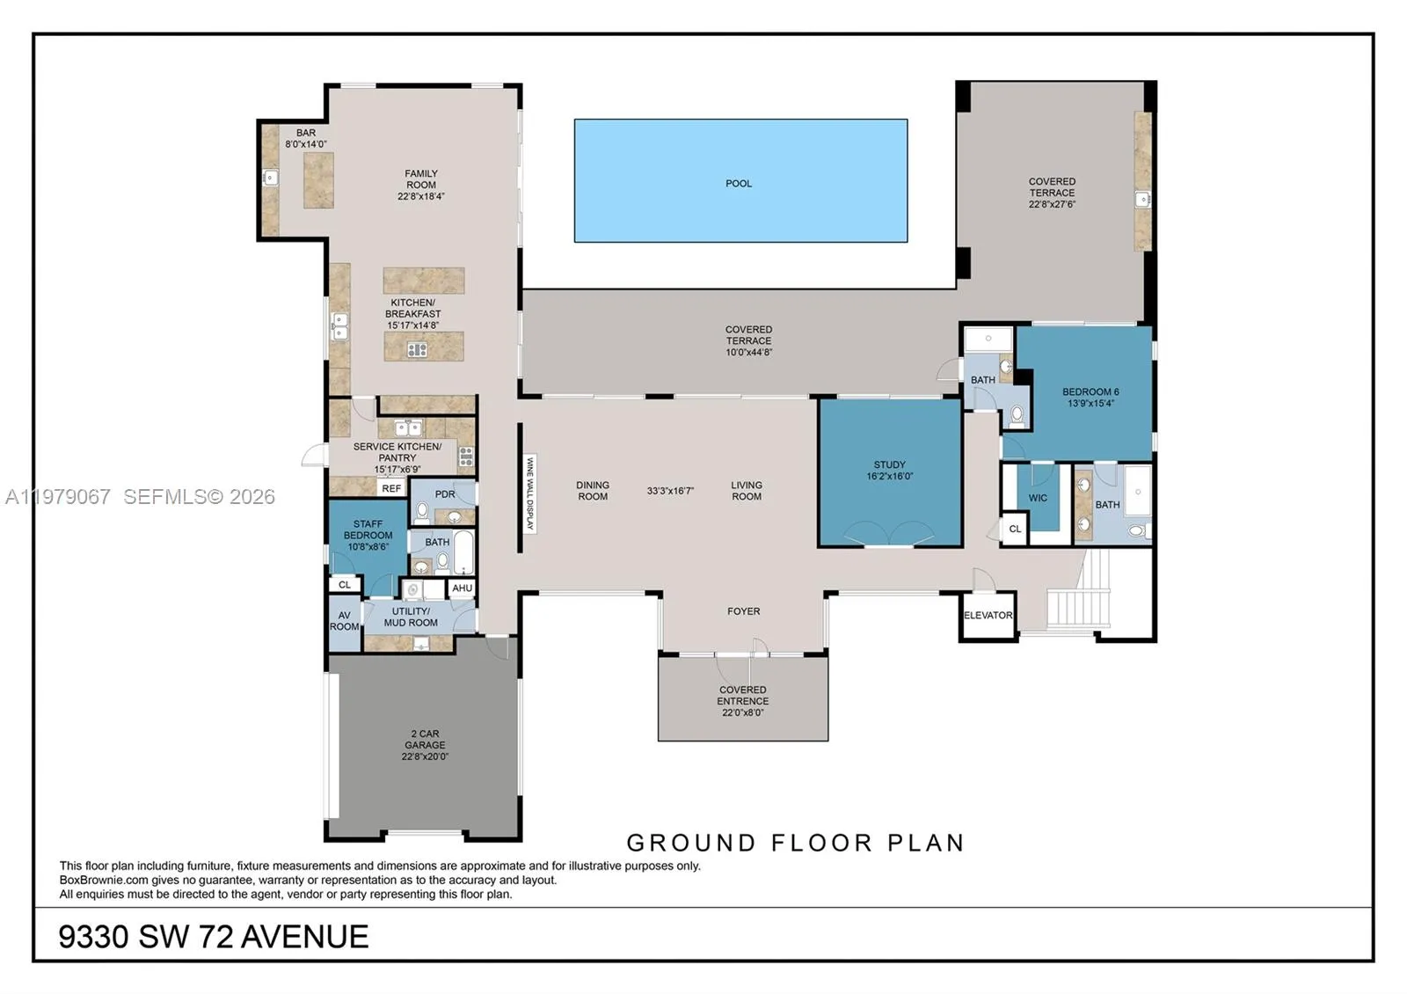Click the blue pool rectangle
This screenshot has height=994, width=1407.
[x=740, y=180]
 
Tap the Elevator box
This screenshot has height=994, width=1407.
[x=988, y=616]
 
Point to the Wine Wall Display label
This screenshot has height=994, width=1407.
[x=529, y=493]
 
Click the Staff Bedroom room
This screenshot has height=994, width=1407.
[x=368, y=536]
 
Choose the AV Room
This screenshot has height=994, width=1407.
[x=344, y=621]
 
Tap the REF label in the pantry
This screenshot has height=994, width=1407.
[x=391, y=489]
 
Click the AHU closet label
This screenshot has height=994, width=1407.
[x=462, y=588]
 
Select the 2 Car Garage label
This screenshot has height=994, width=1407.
[x=425, y=745]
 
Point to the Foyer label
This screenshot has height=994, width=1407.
[x=743, y=611]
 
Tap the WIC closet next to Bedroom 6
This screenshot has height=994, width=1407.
[x=1039, y=499]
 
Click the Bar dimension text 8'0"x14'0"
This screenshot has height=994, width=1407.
[x=305, y=144]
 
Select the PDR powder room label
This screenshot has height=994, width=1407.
[x=445, y=494]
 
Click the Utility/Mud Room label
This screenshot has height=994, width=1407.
[x=411, y=617]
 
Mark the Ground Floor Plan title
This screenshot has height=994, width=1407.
[x=796, y=843]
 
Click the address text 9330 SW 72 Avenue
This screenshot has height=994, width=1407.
[x=214, y=937]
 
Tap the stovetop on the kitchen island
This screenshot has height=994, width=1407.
[x=417, y=350]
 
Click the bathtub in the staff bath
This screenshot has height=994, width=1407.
[x=463, y=552]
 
